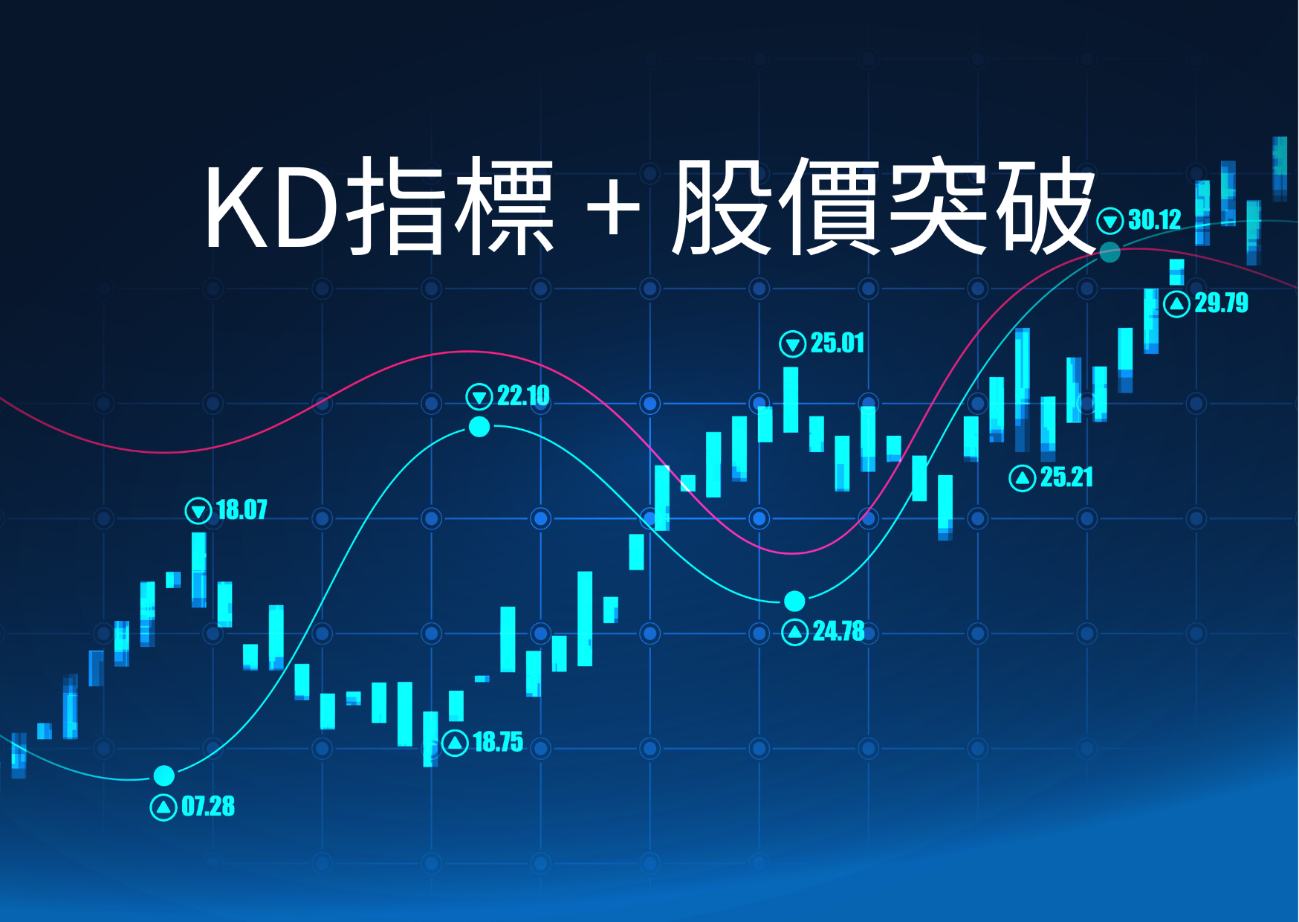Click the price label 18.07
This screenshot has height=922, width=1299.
click(x=242, y=510)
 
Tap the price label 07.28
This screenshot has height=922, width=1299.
click(x=208, y=807)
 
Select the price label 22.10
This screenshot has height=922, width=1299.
click(x=523, y=396)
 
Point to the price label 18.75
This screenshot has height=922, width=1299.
click(x=498, y=742)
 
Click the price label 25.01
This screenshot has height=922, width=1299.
click(x=838, y=344)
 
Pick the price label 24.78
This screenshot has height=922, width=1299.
click(x=839, y=631)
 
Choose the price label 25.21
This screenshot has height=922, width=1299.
click(x=1066, y=477)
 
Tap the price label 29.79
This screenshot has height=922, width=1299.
click(x=1221, y=303)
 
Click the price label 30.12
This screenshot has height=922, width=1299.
click(x=1154, y=220)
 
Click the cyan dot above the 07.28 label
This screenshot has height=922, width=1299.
click(x=163, y=776)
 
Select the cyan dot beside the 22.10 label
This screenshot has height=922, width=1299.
click(x=479, y=427)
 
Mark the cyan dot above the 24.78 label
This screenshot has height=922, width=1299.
click(x=794, y=600)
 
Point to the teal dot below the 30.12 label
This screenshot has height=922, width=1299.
click(x=1110, y=253)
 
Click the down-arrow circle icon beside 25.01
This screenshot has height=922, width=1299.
click(x=792, y=344)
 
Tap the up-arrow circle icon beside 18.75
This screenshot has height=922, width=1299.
click(x=455, y=742)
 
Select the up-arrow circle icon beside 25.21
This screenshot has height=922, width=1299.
click(x=1023, y=477)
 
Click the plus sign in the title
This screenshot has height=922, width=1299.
click(x=613, y=209)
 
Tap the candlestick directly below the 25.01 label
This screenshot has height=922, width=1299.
click(x=791, y=399)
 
